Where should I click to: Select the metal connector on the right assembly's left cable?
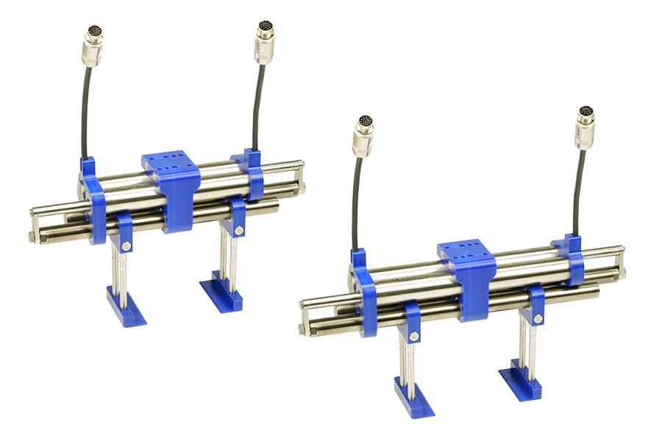[362, 134]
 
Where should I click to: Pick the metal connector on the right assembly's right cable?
[585, 125]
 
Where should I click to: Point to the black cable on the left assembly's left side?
[85, 110]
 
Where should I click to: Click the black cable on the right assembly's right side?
[580, 192]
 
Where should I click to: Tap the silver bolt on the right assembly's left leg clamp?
[414, 336]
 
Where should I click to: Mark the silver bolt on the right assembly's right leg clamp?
[538, 318]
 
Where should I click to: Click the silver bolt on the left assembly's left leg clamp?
[127, 245]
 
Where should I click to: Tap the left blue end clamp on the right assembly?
[363, 295]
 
